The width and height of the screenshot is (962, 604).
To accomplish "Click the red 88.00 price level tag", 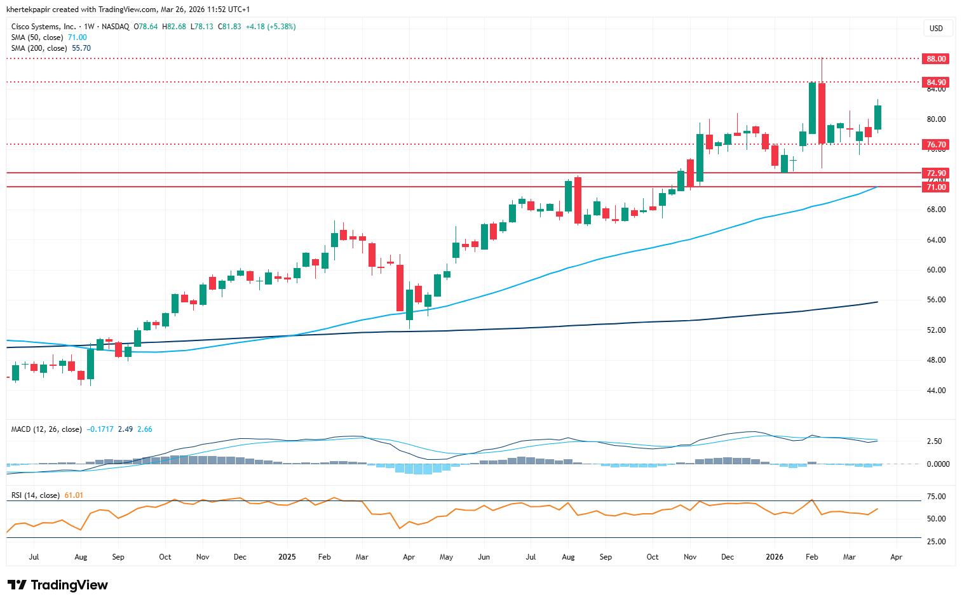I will [936, 58].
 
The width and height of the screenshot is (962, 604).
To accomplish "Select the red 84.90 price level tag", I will [936, 83].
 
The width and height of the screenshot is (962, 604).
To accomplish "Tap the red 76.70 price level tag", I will [936, 145].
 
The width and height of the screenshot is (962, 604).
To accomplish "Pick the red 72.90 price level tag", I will [936, 173].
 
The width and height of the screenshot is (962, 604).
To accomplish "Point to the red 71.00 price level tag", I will [936, 187].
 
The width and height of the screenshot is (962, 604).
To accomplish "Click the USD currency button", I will [936, 28].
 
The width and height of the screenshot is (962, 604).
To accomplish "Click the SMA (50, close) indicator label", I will [39, 37].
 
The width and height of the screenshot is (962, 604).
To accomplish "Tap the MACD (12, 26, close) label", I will [46, 429].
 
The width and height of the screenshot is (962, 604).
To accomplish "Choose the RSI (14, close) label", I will [36, 495].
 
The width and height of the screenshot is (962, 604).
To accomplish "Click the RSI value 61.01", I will [74, 495].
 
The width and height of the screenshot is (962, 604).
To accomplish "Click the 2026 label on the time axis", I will [774, 557].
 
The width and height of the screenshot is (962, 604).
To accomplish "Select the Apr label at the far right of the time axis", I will [896, 557].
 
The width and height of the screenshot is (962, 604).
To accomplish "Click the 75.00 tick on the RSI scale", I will [937, 497].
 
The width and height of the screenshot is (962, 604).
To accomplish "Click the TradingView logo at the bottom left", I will [58, 585].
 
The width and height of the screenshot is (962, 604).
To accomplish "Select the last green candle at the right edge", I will [877, 117].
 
